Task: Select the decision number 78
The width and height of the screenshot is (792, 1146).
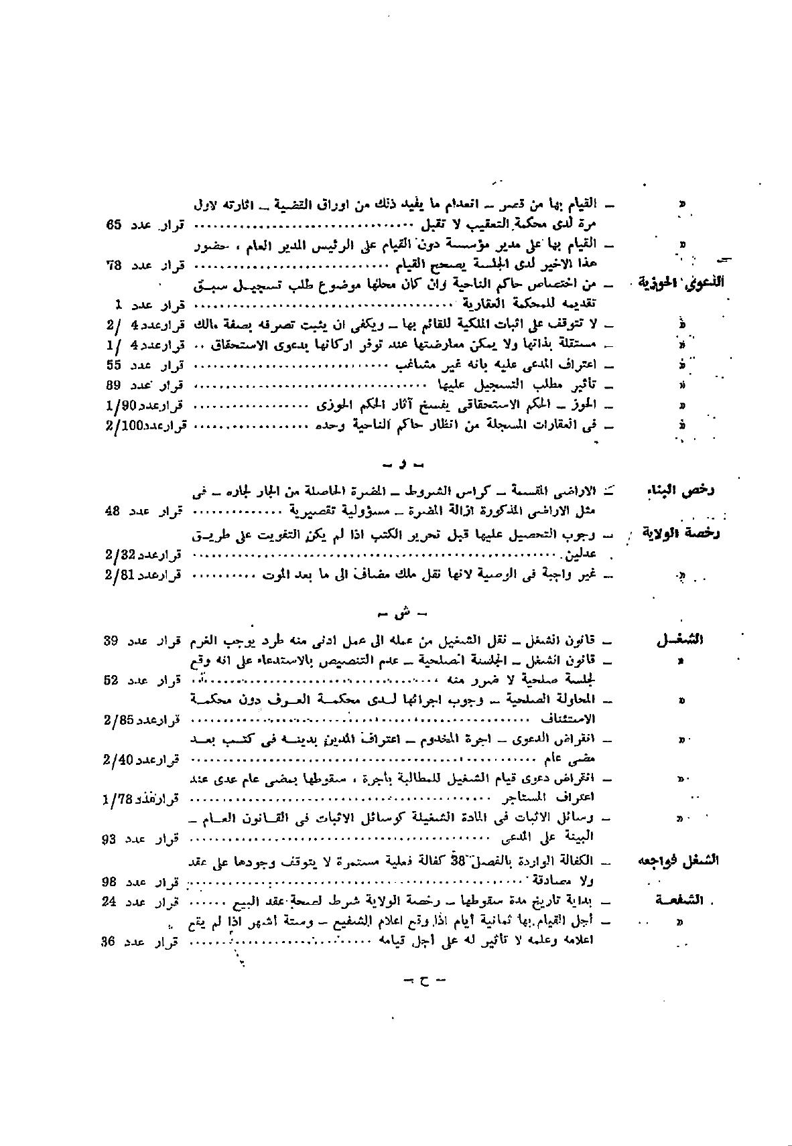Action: coord(113,265)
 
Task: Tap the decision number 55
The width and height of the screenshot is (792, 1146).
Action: coord(113,365)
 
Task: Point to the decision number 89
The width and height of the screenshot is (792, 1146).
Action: coord(113,385)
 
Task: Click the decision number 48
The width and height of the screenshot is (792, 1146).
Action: coord(113,511)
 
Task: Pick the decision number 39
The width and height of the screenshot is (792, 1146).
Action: coord(111,640)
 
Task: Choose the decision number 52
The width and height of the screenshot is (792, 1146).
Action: coord(111,681)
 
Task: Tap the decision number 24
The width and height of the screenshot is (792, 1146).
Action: coord(111,902)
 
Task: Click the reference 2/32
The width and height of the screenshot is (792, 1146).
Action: coord(121,555)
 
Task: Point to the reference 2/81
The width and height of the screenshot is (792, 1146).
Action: coord(121,575)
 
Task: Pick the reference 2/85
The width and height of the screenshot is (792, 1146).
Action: coord(120,721)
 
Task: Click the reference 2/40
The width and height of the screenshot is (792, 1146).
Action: coord(120,760)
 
